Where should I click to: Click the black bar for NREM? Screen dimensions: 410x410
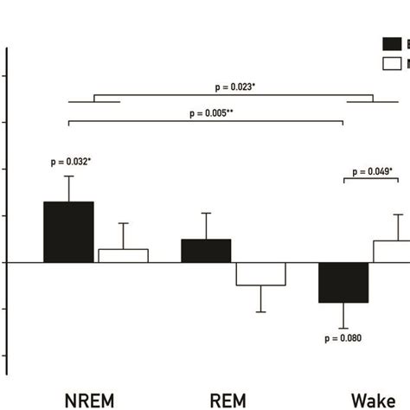pos(68,232)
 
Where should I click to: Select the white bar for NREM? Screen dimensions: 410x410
pos(123,255)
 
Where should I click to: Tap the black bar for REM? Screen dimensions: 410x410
pos(206,250)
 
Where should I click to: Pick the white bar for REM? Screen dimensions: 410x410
pos(260,273)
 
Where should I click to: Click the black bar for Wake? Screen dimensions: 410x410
pos(343,282)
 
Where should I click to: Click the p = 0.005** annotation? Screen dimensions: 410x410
pos(206,112)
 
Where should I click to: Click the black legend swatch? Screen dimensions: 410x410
pos(392,43)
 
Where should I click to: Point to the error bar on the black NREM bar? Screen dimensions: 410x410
pos(69,189)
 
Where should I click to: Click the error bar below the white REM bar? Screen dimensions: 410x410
pos(260,299)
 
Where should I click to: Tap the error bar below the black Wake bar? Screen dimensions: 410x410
pos(343,316)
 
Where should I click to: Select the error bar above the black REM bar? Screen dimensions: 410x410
pos(206,226)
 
